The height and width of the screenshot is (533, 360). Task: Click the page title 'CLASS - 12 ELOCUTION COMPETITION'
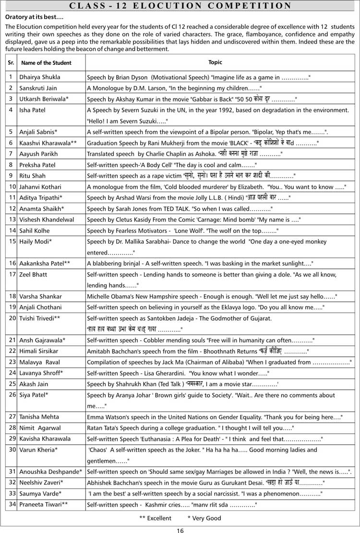pyautogui.click(x=180, y=6)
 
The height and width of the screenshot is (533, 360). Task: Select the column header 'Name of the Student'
pyautogui.click(x=46, y=63)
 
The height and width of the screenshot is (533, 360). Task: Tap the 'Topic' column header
pyautogui.click(x=215, y=62)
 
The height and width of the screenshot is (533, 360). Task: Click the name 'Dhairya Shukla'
pyautogui.click(x=40, y=77)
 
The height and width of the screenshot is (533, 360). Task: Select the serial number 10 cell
pyautogui.click(x=12, y=186)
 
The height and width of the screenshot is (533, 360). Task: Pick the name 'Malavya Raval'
pyautogui.click(x=39, y=362)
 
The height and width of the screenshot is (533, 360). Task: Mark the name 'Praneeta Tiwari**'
pyautogui.click(x=43, y=504)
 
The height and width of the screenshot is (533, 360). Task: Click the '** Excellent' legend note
pyautogui.click(x=155, y=518)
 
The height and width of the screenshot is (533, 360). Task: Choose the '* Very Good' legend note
pyautogui.click(x=204, y=518)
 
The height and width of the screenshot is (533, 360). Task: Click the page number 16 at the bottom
pyautogui.click(x=180, y=530)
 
